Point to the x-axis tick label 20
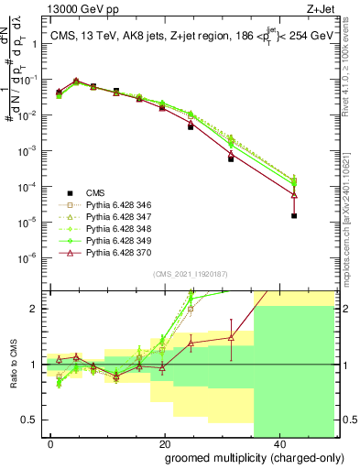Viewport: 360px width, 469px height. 165,443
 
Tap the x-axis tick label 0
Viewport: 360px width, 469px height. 51,443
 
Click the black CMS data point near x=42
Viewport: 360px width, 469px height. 294,216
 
